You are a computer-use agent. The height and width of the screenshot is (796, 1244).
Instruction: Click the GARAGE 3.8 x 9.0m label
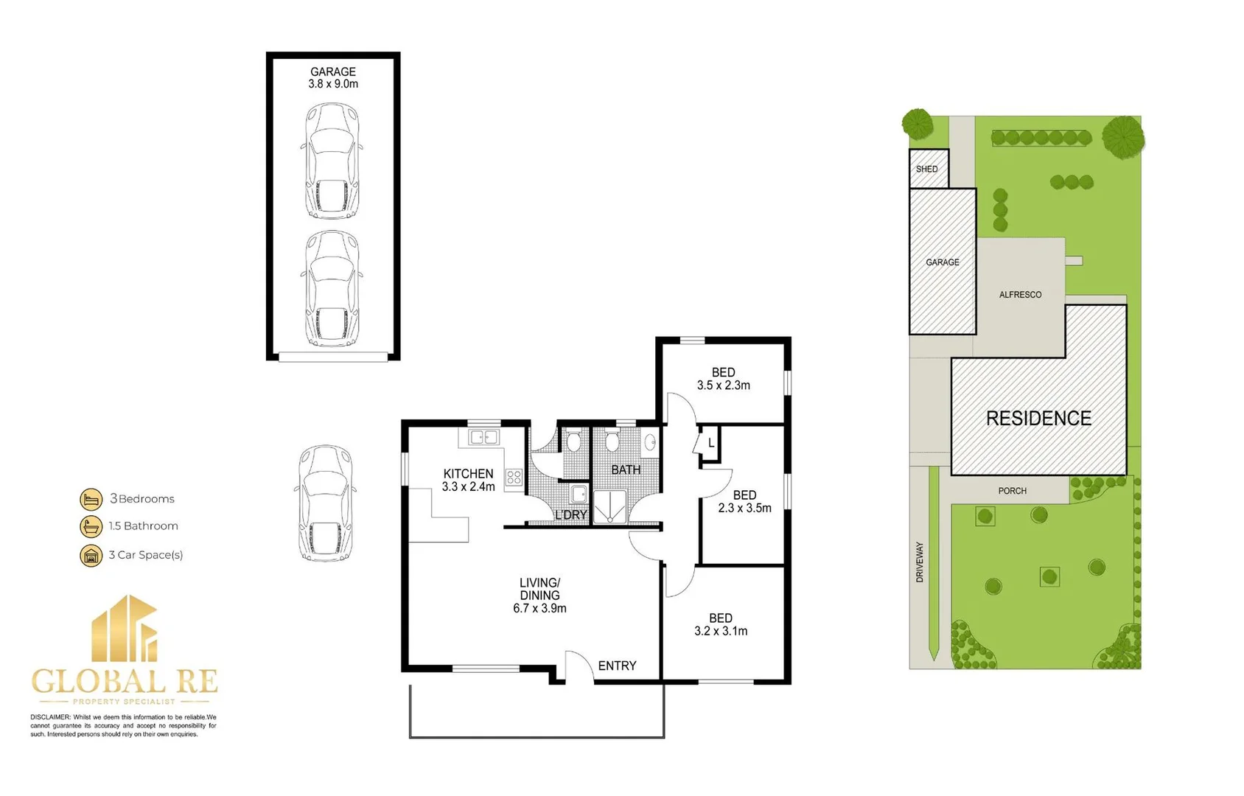tap(333, 78)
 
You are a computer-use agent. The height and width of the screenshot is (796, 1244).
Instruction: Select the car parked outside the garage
tap(326, 503)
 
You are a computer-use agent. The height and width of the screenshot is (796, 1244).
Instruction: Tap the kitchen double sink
tap(484, 438)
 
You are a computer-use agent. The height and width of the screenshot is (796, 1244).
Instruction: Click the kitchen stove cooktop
tap(514, 478)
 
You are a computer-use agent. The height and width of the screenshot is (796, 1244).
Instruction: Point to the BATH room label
tap(626, 469)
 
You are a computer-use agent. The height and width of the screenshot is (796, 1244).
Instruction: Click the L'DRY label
tap(570, 514)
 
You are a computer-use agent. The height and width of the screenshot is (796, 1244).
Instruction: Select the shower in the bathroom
tap(610, 507)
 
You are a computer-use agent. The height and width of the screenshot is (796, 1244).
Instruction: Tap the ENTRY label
tap(617, 666)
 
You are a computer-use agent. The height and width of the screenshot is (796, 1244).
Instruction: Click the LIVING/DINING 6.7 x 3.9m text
tap(539, 596)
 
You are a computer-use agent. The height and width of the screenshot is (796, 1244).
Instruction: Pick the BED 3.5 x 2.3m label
tap(723, 379)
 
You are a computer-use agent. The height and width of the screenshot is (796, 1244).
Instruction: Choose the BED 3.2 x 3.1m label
tap(720, 624)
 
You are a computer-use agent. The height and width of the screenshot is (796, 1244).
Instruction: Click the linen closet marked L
tap(710, 444)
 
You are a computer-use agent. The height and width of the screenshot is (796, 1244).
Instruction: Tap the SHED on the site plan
tap(927, 169)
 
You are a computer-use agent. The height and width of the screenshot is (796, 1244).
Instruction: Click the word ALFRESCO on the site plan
tap(1020, 295)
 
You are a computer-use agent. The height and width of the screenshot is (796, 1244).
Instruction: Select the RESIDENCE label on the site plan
tap(1038, 419)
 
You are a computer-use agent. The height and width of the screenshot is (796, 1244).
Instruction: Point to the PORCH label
tap(1012, 491)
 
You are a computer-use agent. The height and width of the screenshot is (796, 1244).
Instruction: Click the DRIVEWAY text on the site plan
tap(920, 562)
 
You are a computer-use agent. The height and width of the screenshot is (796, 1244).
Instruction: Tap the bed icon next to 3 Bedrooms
tap(91, 499)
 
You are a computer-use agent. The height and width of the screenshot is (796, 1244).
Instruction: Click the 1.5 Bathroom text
tap(143, 526)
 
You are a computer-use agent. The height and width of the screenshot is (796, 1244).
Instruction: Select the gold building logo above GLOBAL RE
tap(125, 629)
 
